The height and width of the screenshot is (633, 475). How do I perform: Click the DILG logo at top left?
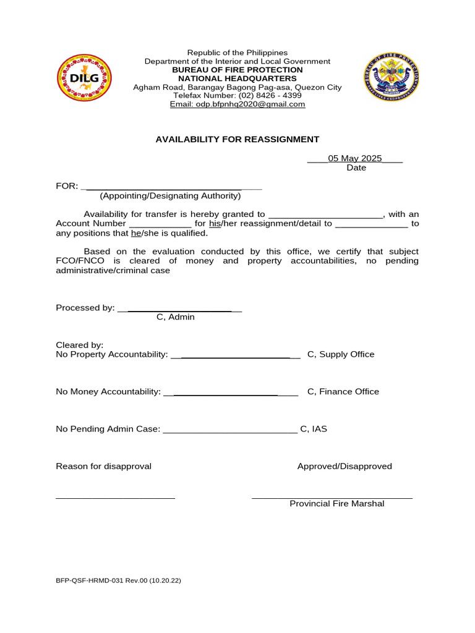pyautogui.click(x=85, y=79)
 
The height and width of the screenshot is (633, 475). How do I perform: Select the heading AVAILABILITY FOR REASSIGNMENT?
pyautogui.click(x=237, y=140)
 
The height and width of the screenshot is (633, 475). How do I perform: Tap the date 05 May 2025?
pyautogui.click(x=355, y=158)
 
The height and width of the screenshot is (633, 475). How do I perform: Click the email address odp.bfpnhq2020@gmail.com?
pyautogui.click(x=237, y=104)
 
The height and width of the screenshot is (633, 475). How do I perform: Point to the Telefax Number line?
pyautogui.click(x=237, y=96)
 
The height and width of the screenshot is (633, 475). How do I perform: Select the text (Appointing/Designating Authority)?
pyautogui.click(x=170, y=196)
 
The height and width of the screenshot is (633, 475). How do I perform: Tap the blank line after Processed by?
pyautogui.click(x=179, y=308)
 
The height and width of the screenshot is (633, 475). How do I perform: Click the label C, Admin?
pyautogui.click(x=176, y=317)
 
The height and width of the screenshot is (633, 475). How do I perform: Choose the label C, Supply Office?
pyautogui.click(x=341, y=354)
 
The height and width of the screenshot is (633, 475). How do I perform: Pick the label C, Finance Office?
pyautogui.click(x=343, y=391)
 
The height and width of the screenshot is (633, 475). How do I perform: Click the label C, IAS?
pyautogui.click(x=314, y=428)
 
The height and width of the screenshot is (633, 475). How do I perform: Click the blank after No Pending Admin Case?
pyautogui.click(x=229, y=429)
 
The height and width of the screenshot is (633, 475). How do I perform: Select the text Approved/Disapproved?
pyautogui.click(x=344, y=466)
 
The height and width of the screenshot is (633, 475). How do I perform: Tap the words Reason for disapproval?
pyautogui.click(x=103, y=466)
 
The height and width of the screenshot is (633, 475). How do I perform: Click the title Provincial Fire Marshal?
pyautogui.click(x=337, y=504)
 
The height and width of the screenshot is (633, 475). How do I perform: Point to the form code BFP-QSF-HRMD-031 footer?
pyautogui.click(x=118, y=581)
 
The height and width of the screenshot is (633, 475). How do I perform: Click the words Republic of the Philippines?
pyautogui.click(x=237, y=53)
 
